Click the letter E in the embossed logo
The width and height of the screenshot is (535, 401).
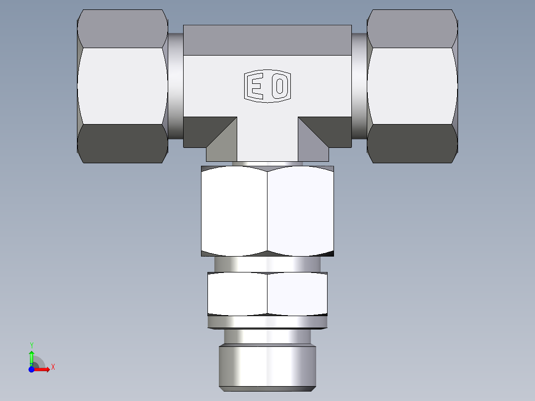click(257, 87)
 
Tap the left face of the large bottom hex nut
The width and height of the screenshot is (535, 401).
click(234, 211)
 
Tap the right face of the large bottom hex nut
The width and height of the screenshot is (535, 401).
click(300, 211)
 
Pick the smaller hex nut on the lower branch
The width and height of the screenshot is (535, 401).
click(267, 294)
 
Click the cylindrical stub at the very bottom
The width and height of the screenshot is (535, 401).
click(267, 367)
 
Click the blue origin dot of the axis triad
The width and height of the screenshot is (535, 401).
click(31, 370)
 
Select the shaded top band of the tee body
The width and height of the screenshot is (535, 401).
click(267, 40)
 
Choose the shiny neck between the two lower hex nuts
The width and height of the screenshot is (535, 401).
click(267, 264)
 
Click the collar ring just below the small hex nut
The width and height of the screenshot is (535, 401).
click(267, 323)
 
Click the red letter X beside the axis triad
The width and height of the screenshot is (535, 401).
click(53, 367)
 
